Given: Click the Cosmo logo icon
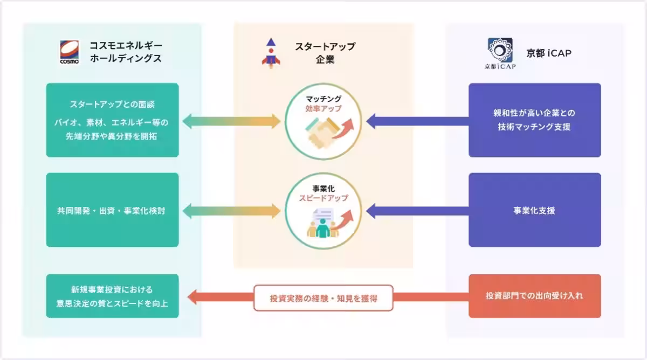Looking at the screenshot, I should pos(70,52).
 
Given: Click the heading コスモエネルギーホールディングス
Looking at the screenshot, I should pos(123,52).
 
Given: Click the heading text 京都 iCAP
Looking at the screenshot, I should pos(549,53).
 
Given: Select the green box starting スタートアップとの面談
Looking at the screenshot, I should pos(112,120).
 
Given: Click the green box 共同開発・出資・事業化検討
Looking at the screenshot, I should pos(112,210).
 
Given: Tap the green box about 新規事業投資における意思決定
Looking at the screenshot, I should pos(112,296).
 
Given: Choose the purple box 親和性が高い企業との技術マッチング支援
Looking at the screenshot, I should pos(534,120).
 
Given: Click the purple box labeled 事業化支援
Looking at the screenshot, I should pos(534,210).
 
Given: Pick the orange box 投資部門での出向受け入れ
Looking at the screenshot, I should pos(534,296).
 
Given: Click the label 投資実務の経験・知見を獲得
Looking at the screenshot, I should pos(323,298).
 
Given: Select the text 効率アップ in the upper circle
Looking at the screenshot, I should pos(324,108).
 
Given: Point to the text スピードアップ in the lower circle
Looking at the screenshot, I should pos(324,198).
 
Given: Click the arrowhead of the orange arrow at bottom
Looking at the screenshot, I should pos(192,296).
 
